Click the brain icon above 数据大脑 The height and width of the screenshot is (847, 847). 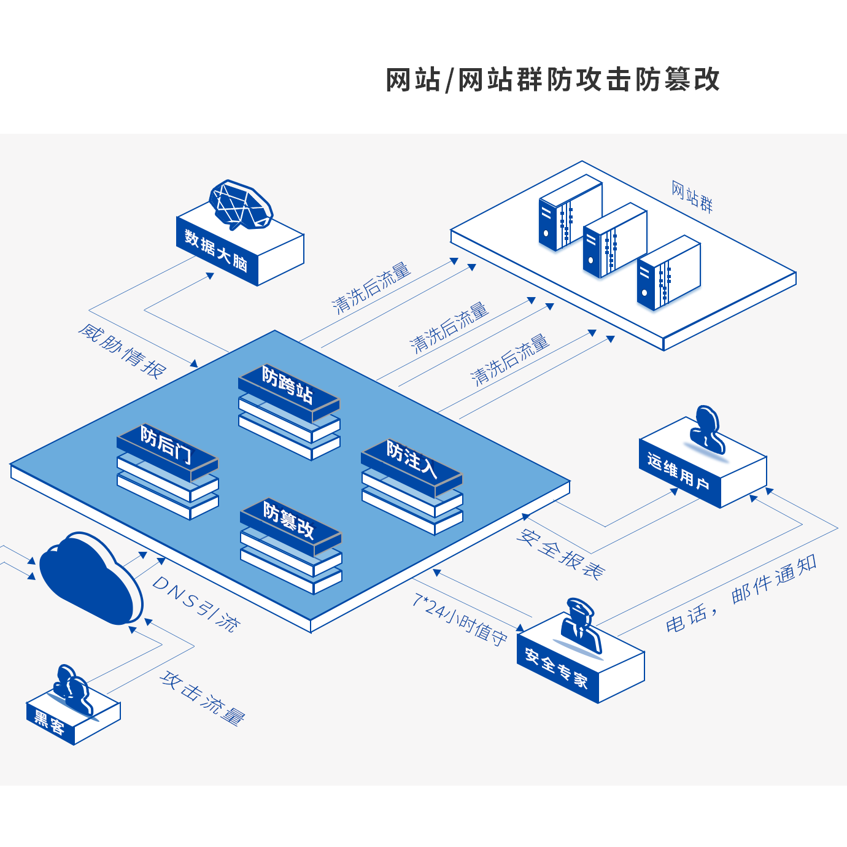click(x=241, y=205)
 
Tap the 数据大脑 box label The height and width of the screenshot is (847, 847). click(x=215, y=251)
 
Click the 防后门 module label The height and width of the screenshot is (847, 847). click(x=166, y=444)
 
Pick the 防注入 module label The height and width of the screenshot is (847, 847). click(x=411, y=459)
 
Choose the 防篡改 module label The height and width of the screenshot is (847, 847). click(x=289, y=519)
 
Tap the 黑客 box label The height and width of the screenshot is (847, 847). click(x=49, y=724)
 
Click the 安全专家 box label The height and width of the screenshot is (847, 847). click(x=556, y=669)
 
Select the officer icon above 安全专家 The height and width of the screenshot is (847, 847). click(x=580, y=626)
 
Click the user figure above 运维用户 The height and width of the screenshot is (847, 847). click(x=707, y=430)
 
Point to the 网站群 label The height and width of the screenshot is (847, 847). click(x=692, y=197)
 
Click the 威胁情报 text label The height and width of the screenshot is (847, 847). click(x=122, y=352)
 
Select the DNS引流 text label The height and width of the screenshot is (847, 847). click(x=196, y=604)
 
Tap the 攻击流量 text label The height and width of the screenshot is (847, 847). click(x=203, y=698)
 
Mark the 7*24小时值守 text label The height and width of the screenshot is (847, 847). click(x=460, y=619)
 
